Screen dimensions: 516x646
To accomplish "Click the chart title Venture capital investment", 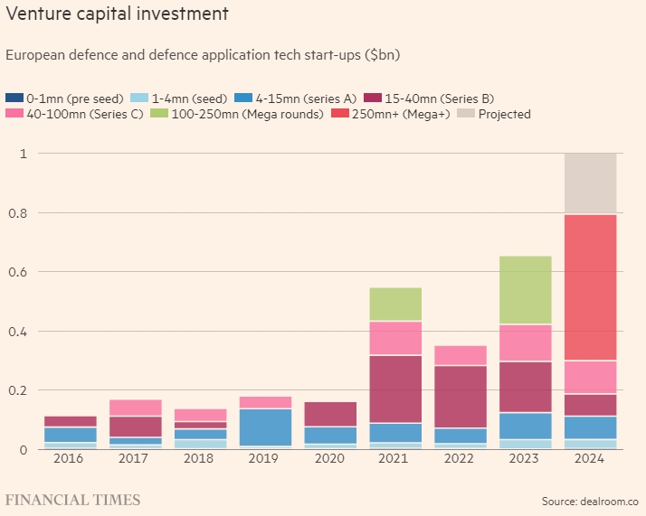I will click(117, 14).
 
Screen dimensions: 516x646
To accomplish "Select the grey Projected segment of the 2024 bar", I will click(589, 183).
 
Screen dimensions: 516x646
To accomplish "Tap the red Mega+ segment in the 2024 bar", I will click(589, 287).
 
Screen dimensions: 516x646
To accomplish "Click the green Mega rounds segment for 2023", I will click(526, 289).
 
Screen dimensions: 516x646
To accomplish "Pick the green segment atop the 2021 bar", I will click(394, 304).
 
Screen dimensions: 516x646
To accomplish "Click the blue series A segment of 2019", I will click(263, 427).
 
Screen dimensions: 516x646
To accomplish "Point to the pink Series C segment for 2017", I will click(135, 408).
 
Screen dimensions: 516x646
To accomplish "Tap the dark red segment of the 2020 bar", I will click(329, 414).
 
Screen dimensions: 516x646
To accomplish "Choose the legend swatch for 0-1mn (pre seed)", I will click(14, 98).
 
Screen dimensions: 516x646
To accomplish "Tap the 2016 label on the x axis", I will click(71, 460).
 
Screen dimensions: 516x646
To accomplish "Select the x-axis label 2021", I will click(394, 460).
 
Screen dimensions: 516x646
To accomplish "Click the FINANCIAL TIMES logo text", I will click(73, 500).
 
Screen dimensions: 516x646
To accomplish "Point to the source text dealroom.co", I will click(609, 501).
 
